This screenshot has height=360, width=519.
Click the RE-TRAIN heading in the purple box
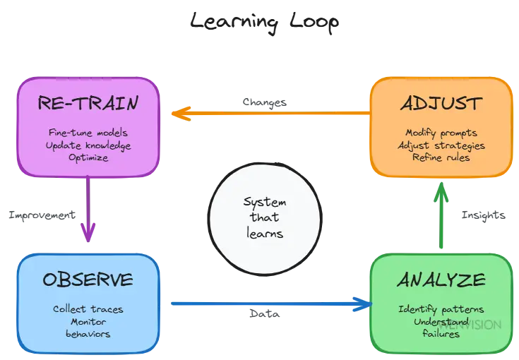tap(88, 104)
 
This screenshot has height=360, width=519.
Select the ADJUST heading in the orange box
tap(441, 104)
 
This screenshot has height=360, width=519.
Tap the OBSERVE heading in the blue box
tap(88, 280)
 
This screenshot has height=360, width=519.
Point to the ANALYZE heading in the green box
tap(441, 280)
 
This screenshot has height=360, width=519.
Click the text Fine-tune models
tap(88, 132)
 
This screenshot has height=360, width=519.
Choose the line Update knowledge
tap(88, 145)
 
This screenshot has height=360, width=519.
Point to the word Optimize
tap(88, 157)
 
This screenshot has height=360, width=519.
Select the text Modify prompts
tap(441, 132)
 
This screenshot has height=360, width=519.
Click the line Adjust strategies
tap(441, 145)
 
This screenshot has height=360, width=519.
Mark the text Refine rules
tap(441, 157)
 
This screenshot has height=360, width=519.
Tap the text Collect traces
tap(88, 308)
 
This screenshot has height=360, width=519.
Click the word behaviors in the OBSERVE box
tap(88, 333)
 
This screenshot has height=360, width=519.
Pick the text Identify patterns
tap(441, 308)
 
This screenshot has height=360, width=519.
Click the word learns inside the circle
tap(264, 233)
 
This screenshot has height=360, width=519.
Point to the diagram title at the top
tap(264, 23)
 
